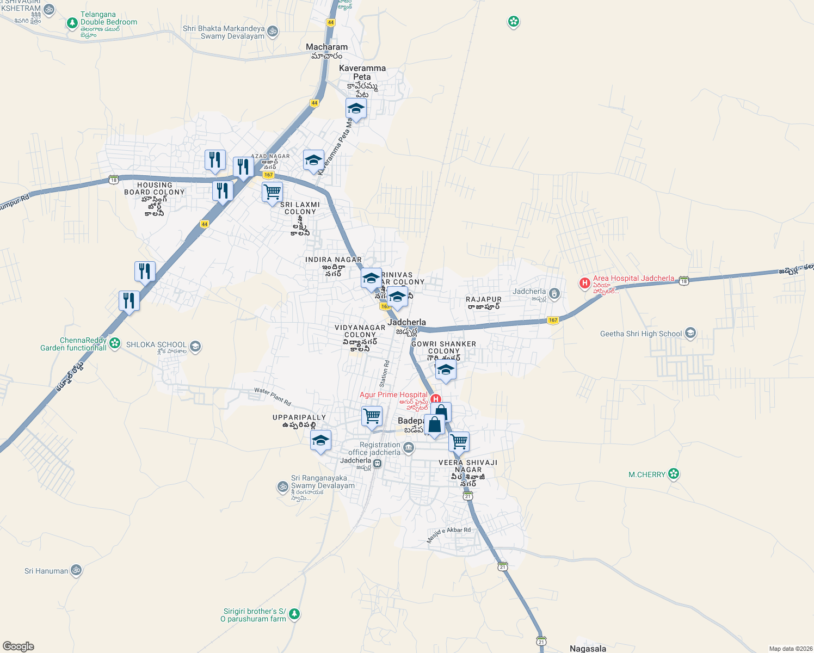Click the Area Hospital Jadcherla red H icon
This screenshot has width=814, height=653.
(x=584, y=283)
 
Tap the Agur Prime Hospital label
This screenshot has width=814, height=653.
(x=393, y=395)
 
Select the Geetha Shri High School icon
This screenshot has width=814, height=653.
(x=690, y=333)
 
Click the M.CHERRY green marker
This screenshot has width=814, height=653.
(x=674, y=474)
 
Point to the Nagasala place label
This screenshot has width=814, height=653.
(x=588, y=648)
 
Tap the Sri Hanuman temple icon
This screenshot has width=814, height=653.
(x=76, y=570)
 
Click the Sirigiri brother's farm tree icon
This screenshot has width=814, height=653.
(x=294, y=614)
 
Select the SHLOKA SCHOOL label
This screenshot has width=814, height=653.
(x=156, y=344)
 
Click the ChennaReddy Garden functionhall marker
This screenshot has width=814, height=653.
(x=114, y=343)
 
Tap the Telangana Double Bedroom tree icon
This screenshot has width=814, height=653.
(x=72, y=23)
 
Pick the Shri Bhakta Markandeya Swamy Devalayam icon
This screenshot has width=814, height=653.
(x=273, y=31)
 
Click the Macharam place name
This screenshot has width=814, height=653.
(x=326, y=47)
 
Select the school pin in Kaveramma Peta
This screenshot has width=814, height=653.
(x=356, y=109)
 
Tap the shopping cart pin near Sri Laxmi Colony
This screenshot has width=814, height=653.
(x=272, y=192)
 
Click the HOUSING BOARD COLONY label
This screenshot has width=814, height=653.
(x=155, y=188)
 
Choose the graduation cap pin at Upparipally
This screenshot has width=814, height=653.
(x=320, y=440)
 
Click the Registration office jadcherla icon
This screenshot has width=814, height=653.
(x=409, y=448)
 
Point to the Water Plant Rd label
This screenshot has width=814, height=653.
(x=273, y=397)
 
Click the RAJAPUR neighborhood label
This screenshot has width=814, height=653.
(x=484, y=299)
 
